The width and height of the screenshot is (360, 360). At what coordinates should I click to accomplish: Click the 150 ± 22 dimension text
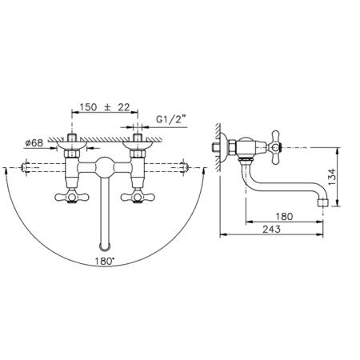pyautogui.click(x=105, y=107)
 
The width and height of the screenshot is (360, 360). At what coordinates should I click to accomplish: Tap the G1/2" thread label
pyautogui.click(x=170, y=119)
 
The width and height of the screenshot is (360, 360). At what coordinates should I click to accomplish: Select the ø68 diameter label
pyautogui.click(x=34, y=143)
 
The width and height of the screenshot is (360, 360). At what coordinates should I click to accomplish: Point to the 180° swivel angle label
pyautogui.click(x=104, y=261)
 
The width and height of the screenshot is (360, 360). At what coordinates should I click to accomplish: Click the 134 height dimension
pyautogui.click(x=332, y=177)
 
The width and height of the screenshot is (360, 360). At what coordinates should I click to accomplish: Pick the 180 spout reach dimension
pyautogui.click(x=284, y=216)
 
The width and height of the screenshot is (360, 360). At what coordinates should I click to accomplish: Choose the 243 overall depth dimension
pyautogui.click(x=271, y=229)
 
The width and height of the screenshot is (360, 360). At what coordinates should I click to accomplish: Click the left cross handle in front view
pyautogui.click(x=72, y=197)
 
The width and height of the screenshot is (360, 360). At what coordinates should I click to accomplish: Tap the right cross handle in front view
pyautogui.click(x=138, y=197)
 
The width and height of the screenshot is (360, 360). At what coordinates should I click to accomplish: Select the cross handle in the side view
pyautogui.click(x=276, y=147)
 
